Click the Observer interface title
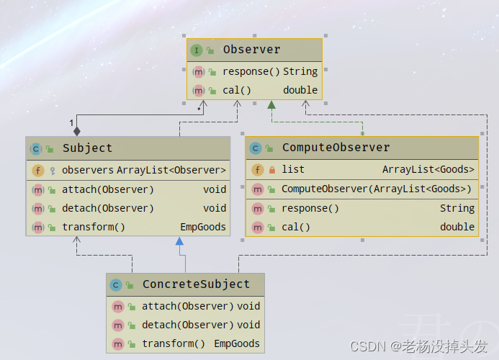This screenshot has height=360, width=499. click(251, 50)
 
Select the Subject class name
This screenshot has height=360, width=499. click(87, 148)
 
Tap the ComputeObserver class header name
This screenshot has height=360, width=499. click(336, 148)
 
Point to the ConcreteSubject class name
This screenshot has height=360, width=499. click(196, 284)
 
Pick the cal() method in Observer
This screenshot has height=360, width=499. click(237, 90)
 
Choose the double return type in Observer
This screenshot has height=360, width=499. click(300, 90)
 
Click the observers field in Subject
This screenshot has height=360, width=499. click(88, 170)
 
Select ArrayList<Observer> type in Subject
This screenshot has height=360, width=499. click(171, 170)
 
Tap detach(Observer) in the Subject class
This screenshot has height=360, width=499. click(108, 208)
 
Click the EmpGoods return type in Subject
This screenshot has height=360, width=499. click(203, 227)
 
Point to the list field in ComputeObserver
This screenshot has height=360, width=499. click(293, 169)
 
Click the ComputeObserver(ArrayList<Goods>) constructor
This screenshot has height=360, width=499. click(377, 189)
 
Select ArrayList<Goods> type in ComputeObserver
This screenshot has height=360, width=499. click(428, 169)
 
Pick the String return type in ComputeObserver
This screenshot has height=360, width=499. click(457, 208)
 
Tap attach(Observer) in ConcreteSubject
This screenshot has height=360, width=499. click(187, 306)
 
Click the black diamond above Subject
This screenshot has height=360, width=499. click(77, 131)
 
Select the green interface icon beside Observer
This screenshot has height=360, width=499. click(197, 50)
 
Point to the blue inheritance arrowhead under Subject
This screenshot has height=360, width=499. click(179, 243)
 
